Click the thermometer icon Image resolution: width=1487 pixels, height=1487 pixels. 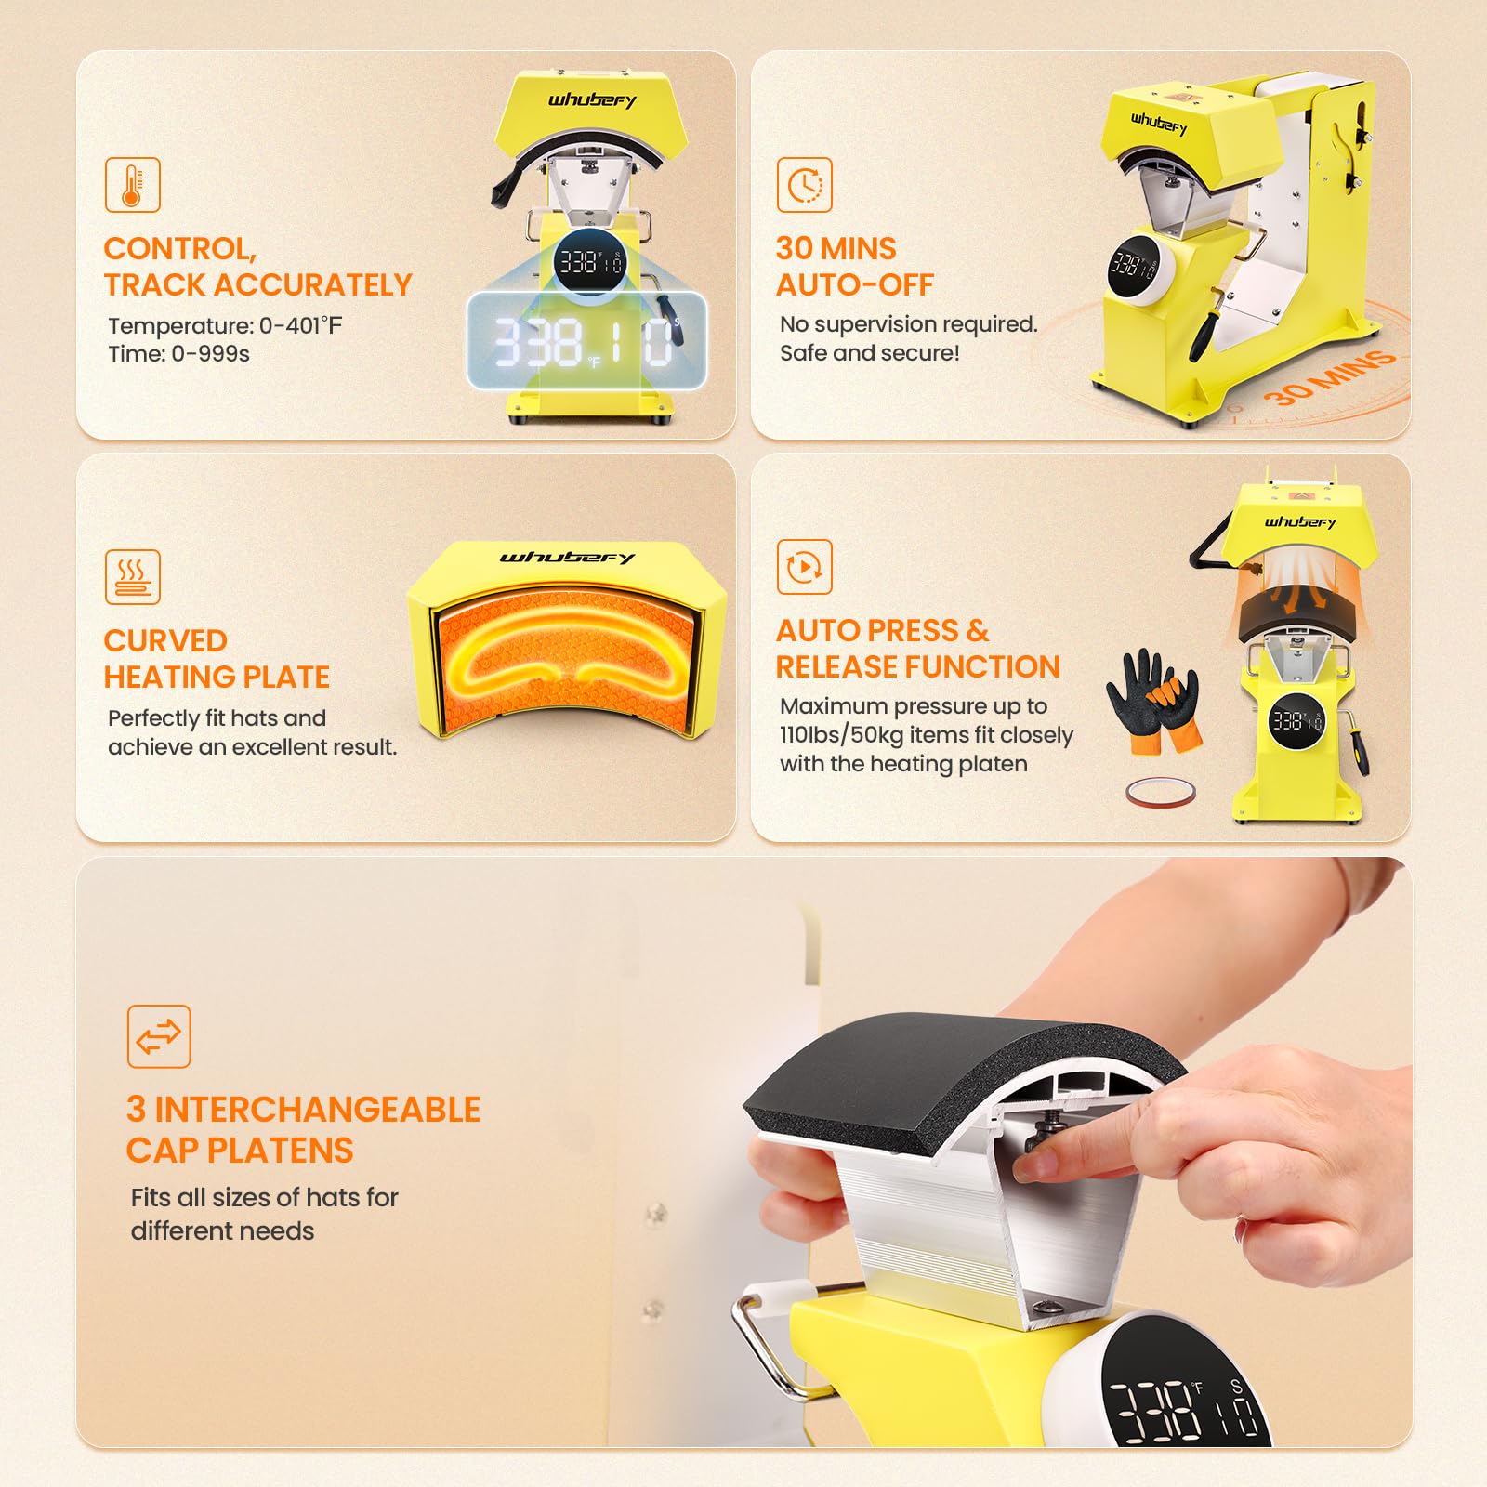pos(132,185)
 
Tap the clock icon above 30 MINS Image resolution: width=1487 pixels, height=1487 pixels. pos(804,185)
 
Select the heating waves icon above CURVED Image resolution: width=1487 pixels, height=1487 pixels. pos(132,577)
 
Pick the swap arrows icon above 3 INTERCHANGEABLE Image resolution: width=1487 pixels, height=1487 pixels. pos(159,1036)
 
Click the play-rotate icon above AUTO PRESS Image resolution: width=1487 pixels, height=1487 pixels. pos(804,567)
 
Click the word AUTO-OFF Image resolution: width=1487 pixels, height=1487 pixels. pos(855,284)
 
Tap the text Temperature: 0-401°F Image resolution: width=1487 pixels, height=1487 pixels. pos(225,325)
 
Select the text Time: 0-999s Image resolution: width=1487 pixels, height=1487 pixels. pos(178,354)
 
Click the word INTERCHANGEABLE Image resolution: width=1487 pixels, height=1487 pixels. pos(318,1110)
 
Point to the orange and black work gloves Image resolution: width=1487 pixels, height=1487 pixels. pos(1153,699)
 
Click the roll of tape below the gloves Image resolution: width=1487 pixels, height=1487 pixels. pos(1161,792)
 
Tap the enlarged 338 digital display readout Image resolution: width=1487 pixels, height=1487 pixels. pos(586,340)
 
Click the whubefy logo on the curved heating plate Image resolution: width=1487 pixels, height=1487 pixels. pos(567,558)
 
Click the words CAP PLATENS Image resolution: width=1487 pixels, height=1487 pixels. pos(240,1151)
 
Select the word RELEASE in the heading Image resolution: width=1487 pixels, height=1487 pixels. pos(845,666)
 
